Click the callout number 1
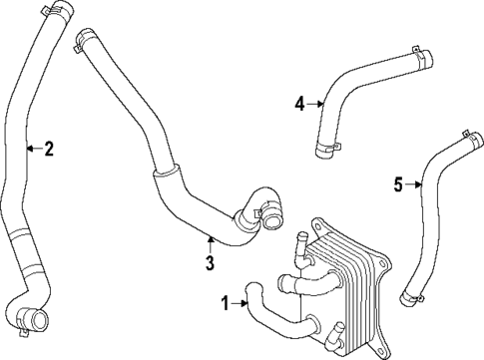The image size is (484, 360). click(226, 302)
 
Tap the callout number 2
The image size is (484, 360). click(49, 150)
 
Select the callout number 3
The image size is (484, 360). click(210, 263)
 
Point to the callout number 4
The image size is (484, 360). click(299, 102)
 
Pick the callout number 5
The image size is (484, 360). click(397, 183)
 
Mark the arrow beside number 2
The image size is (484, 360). click(33, 150)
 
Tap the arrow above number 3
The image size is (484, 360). click(210, 242)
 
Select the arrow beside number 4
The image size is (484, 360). click(315, 102)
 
